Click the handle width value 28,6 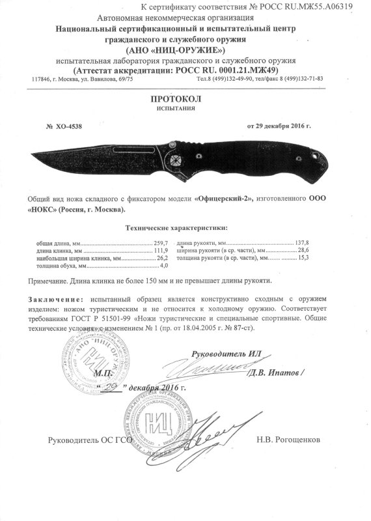click(x=303, y=249)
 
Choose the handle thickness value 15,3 click(x=303, y=258)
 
